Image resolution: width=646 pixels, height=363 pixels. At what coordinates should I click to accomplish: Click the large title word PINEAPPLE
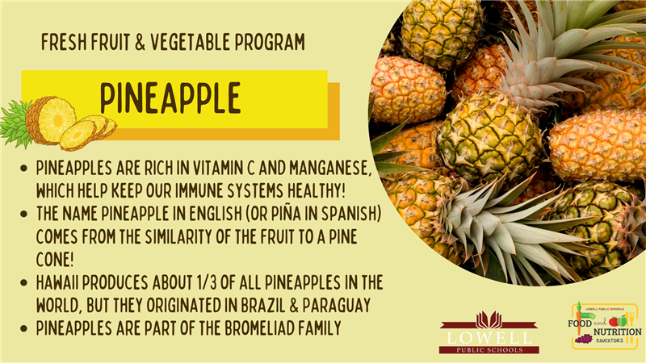pyautogui.click(x=170, y=98)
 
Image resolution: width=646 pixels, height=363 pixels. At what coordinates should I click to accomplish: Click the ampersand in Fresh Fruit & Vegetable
pyautogui.click(x=140, y=42)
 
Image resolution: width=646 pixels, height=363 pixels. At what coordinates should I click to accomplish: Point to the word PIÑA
pyautogui.click(x=284, y=214)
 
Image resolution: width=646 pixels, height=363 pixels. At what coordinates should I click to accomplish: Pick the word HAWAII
pyautogui.click(x=57, y=283)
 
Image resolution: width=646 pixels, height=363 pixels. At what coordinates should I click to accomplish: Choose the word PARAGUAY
pyautogui.click(x=337, y=306)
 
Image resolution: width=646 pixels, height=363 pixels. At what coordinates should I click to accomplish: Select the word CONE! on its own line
pyautogui.click(x=55, y=260)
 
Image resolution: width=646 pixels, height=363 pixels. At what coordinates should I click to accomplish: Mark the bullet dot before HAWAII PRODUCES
pyautogui.click(x=23, y=283)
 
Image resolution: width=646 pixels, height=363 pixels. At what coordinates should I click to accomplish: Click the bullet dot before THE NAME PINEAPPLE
pyautogui.click(x=23, y=214)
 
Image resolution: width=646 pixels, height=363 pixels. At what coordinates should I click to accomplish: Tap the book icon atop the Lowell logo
pyautogui.click(x=489, y=320)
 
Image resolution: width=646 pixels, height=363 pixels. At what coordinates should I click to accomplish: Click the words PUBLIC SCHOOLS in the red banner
pyautogui.click(x=489, y=350)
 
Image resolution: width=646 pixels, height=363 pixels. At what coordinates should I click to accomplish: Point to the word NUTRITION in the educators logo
pyautogui.click(x=617, y=332)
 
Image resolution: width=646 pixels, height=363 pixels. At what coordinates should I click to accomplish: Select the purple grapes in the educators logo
pyautogui.click(x=583, y=339)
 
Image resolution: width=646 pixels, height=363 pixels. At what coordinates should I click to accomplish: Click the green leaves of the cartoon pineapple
pyautogui.click(x=15, y=123)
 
